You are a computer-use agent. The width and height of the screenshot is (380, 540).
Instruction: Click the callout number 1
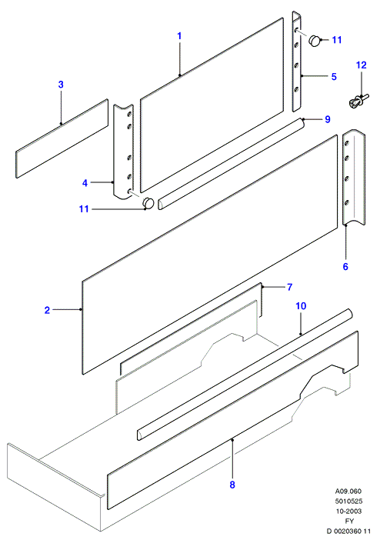(179, 36)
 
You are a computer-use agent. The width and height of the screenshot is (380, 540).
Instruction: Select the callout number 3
(61, 85)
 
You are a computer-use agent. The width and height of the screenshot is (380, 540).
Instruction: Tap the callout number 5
(334, 76)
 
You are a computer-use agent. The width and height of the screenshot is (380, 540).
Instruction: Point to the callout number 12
(361, 65)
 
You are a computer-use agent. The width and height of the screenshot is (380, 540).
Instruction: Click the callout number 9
(328, 119)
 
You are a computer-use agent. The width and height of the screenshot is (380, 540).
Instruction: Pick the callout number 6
(345, 266)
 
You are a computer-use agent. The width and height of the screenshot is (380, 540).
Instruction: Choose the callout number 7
(290, 286)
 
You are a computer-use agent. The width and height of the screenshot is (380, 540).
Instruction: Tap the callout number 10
(301, 306)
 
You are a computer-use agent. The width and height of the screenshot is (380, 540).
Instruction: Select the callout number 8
(232, 485)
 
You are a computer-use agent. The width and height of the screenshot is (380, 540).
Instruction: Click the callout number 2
(47, 310)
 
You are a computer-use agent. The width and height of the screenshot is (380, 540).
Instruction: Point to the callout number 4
(85, 183)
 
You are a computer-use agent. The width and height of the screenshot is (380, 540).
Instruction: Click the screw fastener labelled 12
(358, 102)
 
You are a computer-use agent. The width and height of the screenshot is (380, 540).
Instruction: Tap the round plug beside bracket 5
(315, 41)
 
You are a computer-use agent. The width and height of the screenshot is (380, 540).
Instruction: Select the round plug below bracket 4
(148, 203)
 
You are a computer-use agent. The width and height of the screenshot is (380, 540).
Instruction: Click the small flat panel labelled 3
(62, 138)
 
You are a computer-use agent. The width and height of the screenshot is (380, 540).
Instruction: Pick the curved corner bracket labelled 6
(354, 177)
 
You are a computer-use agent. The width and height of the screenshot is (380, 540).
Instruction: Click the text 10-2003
(349, 511)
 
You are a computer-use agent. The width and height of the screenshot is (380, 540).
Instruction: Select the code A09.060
(348, 491)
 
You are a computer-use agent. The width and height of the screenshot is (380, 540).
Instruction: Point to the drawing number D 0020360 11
(348, 531)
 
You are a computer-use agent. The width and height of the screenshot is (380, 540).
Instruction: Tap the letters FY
(349, 521)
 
